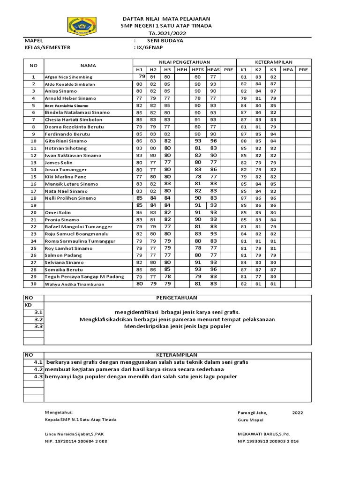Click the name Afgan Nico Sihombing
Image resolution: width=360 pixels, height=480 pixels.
[68, 77]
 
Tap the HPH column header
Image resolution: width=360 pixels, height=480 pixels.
[182, 69]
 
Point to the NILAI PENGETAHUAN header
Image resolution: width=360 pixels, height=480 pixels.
[184, 62]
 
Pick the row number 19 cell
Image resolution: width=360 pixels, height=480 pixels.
[33, 205]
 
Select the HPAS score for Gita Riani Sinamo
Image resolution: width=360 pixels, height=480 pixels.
[213, 141]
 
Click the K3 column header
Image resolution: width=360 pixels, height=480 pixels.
[273, 69]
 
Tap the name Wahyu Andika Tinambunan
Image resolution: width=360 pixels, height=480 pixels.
[73, 284]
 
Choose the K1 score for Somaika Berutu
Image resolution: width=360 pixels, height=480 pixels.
[243, 270]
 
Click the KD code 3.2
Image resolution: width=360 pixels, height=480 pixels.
[39, 319]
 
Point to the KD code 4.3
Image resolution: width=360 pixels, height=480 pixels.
[39, 376]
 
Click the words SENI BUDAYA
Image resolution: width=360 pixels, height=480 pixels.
[165, 41]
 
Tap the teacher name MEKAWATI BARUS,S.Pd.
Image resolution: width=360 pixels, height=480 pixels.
[264, 434]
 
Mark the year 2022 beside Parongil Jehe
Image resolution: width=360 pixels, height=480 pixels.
[298, 412]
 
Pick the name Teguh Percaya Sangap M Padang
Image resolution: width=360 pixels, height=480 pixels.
[84, 277]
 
